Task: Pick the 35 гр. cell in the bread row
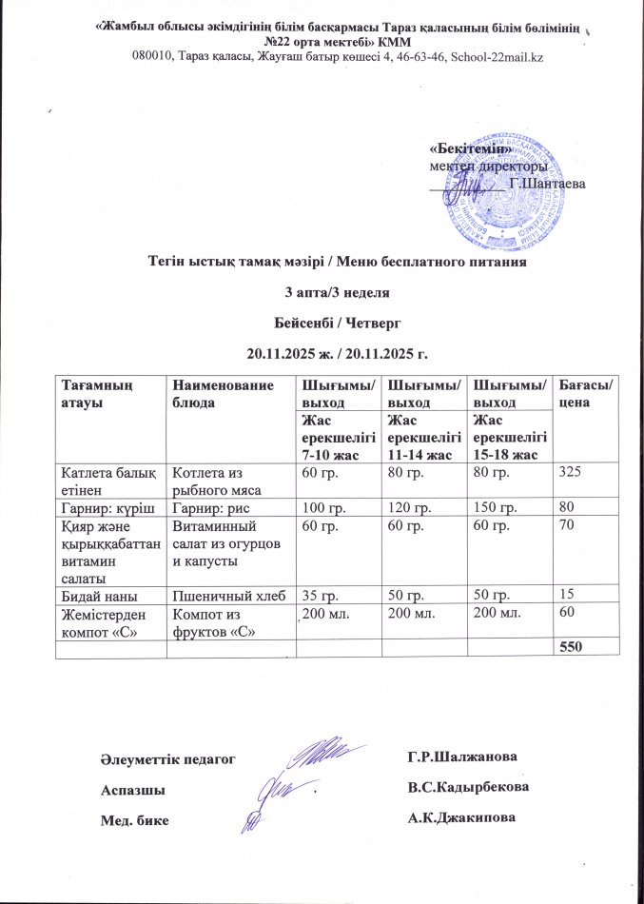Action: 321,593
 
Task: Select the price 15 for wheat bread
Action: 568,593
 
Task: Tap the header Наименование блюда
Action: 219,393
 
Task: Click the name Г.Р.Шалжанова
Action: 461,757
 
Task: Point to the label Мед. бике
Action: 132,819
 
